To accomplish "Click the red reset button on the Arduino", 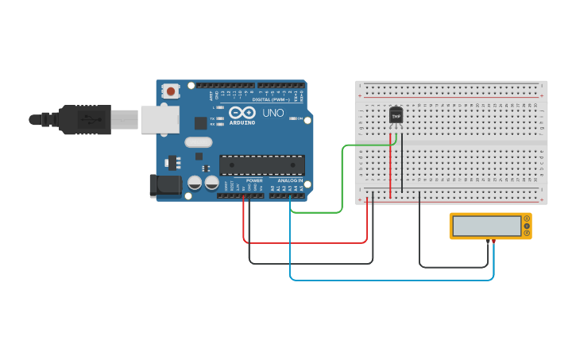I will coord(171,92).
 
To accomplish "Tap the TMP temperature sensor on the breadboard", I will coord(396,116).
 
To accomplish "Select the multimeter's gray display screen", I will coord(487,226).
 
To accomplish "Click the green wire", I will coord(342,183).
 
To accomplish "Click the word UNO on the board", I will coord(273,114).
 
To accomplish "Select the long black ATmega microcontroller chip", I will coord(262,165).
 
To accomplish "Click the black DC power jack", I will coord(164,186).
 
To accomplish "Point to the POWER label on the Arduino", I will coord(254,180).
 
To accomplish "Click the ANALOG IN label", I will coord(290,180).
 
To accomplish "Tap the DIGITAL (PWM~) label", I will coord(270,100).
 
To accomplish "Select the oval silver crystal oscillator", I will coord(199,143).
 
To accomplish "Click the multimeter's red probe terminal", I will coord(493,240).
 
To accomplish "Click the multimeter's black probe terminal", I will coord(487,240).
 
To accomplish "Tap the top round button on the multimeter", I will coord(526,219).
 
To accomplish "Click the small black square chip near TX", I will coord(200,123).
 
